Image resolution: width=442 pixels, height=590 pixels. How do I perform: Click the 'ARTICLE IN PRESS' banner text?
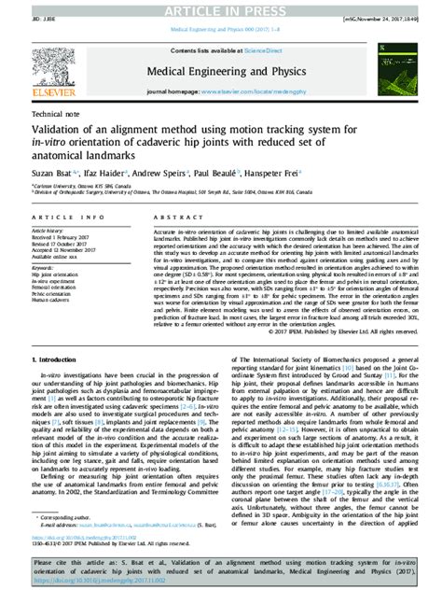(221, 8)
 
